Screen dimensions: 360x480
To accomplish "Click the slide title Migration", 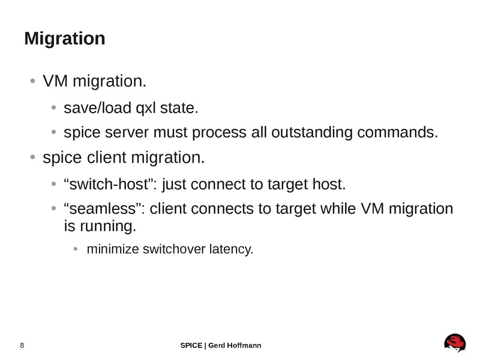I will click(65, 39).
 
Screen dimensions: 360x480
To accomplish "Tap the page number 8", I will click(22, 345).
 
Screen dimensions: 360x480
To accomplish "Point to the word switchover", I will click(174, 248).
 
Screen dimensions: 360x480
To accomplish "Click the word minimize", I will click(112, 248).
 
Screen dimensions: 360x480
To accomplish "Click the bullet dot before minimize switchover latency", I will click(76, 249).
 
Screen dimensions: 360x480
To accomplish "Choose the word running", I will click(106, 227).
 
